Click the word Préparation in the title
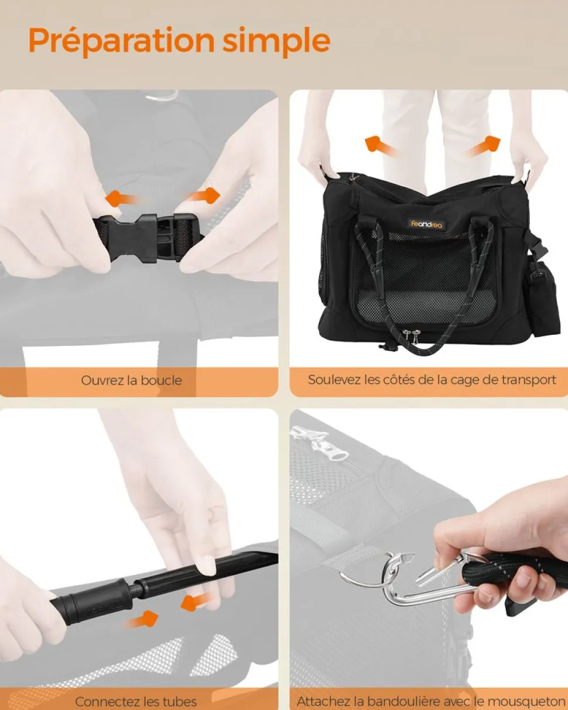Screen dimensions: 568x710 [121, 41]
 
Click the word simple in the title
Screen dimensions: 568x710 [276, 41]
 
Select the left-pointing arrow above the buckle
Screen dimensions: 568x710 [121, 198]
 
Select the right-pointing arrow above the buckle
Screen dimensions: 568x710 [202, 196]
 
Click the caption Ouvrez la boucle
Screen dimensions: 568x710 [131, 380]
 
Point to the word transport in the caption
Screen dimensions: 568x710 [529, 380]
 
